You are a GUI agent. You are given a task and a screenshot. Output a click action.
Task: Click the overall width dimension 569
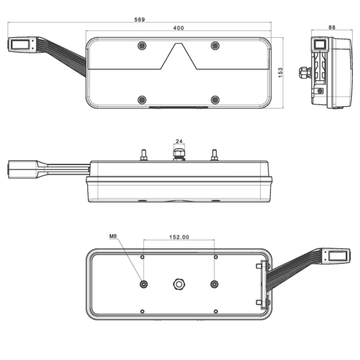pyautogui.click(x=139, y=20)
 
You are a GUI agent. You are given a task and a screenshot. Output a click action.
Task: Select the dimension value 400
pyautogui.click(x=178, y=29)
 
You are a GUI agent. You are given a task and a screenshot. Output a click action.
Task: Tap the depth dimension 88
pyautogui.click(x=332, y=28)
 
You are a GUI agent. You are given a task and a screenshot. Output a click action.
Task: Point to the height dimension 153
pyautogui.click(x=281, y=73)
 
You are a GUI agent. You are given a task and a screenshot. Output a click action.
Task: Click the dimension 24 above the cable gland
pyautogui.click(x=178, y=142)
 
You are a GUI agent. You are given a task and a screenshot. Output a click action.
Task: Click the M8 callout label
pyautogui.click(x=113, y=236)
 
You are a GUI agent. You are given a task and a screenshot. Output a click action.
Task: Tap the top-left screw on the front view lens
pyautogui.click(x=142, y=46)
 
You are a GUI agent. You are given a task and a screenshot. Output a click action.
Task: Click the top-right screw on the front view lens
pyautogui.click(x=215, y=46)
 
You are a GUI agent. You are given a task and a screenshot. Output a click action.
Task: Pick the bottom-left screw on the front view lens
pyautogui.click(x=142, y=100)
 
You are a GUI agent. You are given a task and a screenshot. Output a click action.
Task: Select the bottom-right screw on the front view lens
pyautogui.click(x=215, y=100)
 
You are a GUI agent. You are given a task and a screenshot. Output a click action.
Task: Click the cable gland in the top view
pyautogui.click(x=178, y=155)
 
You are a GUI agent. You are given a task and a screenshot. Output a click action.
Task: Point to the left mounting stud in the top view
pyautogui.click(x=143, y=155)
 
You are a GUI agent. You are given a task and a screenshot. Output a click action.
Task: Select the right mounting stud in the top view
pyautogui.click(x=214, y=155)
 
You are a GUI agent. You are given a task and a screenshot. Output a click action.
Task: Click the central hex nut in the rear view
pyautogui.click(x=178, y=284)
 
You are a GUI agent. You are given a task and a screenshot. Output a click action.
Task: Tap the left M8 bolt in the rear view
pyautogui.click(x=143, y=284)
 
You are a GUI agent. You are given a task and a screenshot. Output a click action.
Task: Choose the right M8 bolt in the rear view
pyautogui.click(x=215, y=284)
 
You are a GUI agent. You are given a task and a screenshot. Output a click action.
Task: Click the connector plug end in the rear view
pyautogui.click(x=337, y=256)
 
